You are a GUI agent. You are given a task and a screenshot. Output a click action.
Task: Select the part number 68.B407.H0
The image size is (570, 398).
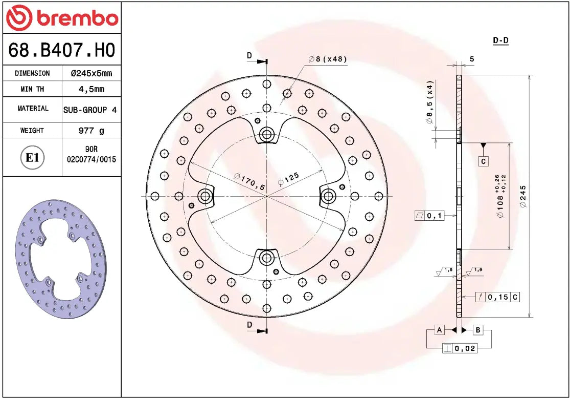pyautogui.click(x=61, y=50)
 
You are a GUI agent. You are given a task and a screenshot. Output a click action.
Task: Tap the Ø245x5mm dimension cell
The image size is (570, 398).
pyautogui.click(x=91, y=73)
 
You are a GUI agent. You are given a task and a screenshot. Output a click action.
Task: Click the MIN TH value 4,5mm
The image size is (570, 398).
pyautogui.click(x=91, y=89)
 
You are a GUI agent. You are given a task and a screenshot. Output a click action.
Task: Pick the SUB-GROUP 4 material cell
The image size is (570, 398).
pyautogui.click(x=91, y=110)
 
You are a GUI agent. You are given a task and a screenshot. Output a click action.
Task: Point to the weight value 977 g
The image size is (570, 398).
pyautogui.click(x=91, y=131)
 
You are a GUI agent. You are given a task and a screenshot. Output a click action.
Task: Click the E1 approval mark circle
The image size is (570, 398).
pyautogui.click(x=32, y=158)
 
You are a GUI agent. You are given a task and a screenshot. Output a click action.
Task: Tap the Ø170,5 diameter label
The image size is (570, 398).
pyautogui.click(x=249, y=182)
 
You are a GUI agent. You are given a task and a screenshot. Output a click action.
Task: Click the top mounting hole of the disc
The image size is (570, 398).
pyautogui.click(x=266, y=135)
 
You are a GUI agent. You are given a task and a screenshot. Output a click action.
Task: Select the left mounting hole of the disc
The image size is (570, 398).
pyautogui.click(x=206, y=196)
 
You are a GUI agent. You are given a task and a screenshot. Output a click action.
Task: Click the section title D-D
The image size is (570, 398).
pyautogui.click(x=500, y=40)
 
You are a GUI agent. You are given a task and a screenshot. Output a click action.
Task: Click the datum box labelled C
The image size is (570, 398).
pyautogui.click(x=484, y=161)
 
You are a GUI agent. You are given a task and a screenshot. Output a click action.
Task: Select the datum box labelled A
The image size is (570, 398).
pyautogui.click(x=439, y=330)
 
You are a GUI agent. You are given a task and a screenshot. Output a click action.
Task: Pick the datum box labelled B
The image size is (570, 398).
pyautogui.click(x=478, y=330)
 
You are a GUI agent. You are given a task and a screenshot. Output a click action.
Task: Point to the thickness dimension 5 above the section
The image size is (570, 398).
pyautogui.click(x=472, y=59)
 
